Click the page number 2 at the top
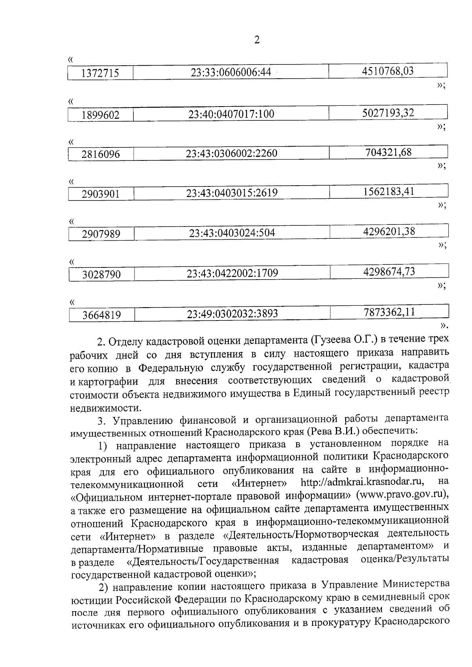(x=257, y=40)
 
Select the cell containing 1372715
(x=100, y=73)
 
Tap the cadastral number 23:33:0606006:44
(x=231, y=72)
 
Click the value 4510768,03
(x=387, y=71)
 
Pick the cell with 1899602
(x=101, y=115)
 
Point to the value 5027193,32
(x=388, y=113)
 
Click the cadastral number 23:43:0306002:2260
(x=231, y=153)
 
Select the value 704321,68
(x=389, y=152)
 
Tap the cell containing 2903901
(x=101, y=194)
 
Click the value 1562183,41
(x=389, y=192)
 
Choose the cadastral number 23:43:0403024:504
(x=232, y=233)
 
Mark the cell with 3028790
(x=101, y=275)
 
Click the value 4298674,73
(x=389, y=272)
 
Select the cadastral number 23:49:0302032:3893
(x=232, y=314)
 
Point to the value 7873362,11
(x=389, y=312)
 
